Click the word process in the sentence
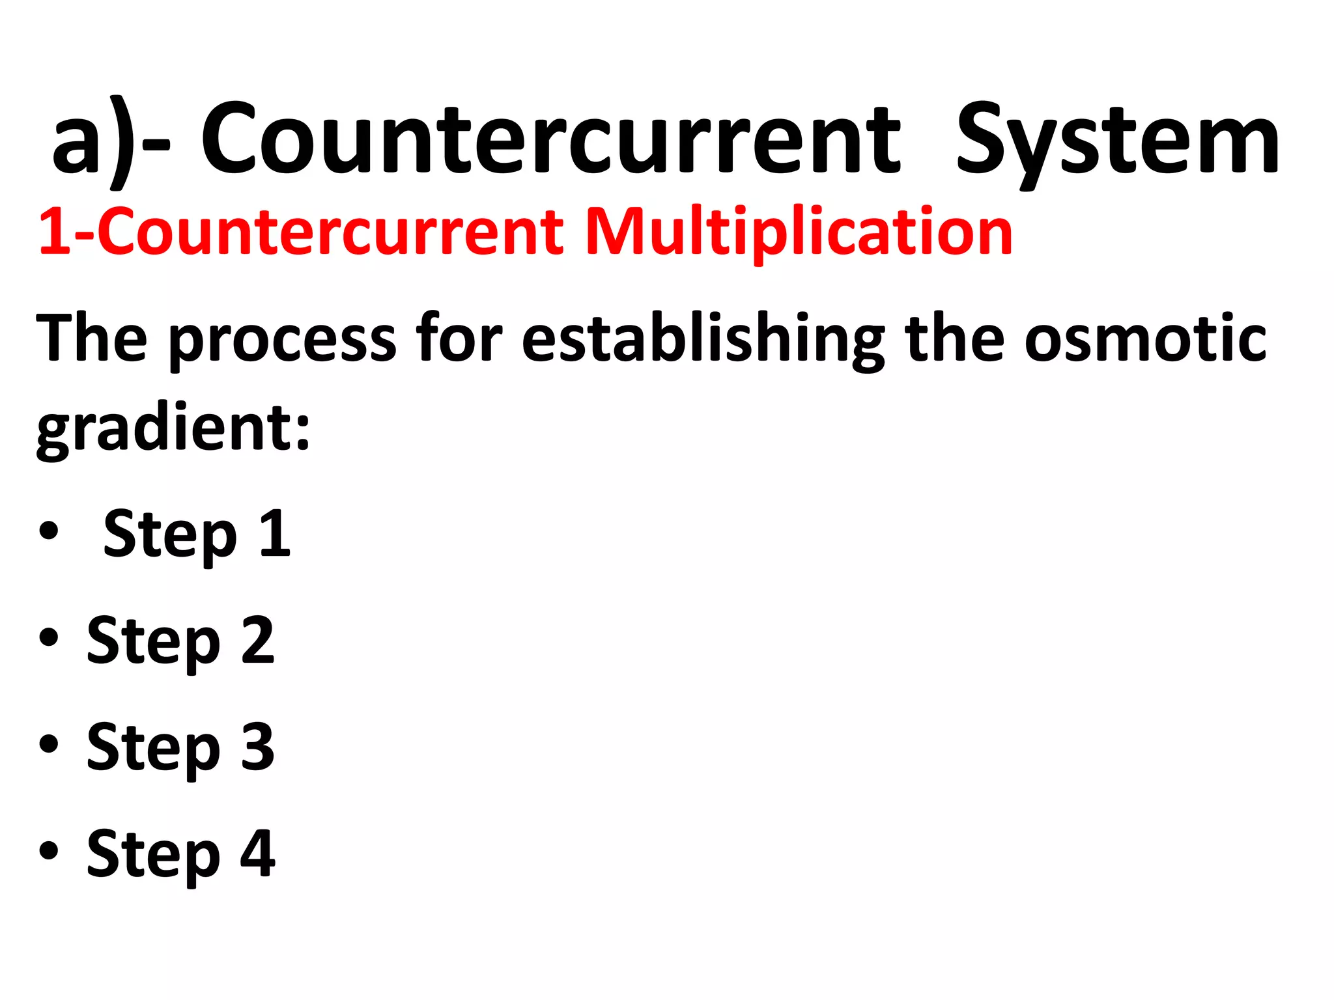tap(282, 340)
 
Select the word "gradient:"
tap(173, 430)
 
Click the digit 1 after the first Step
tap(275, 534)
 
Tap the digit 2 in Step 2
tap(258, 641)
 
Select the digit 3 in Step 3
tap(258, 747)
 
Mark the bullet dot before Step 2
tap(49, 638)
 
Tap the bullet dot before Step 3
tap(49, 744)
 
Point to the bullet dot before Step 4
tap(49, 850)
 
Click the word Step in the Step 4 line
tap(154, 854)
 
